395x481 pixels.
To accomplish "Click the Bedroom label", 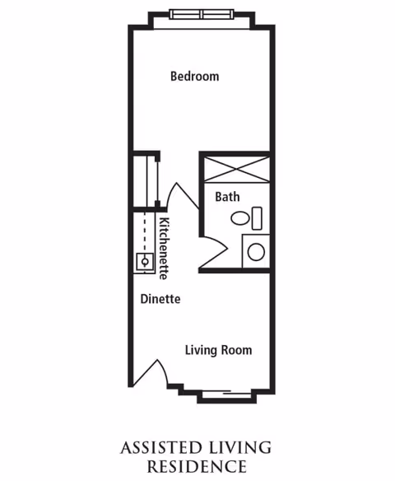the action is tap(194, 77).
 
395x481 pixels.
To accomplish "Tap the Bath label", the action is tap(227, 197).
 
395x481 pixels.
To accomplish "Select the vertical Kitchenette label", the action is tap(164, 249).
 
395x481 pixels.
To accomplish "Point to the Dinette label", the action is tap(160, 299).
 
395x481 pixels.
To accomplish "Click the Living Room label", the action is tap(219, 350).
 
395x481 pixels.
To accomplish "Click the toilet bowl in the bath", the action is tap(240, 218).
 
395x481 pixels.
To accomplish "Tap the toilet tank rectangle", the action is tap(257, 218).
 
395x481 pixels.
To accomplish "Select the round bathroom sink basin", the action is tap(256, 252).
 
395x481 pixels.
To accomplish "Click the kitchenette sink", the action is tap(145, 262).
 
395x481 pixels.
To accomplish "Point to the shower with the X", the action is tap(237, 170).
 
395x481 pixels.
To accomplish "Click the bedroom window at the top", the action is tap(202, 15).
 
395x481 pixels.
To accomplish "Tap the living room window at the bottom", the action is tap(227, 395).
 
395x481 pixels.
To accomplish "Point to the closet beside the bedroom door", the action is tap(146, 181).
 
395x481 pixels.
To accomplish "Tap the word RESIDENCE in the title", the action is tap(197, 466).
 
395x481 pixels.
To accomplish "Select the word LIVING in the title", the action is tap(240, 448).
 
